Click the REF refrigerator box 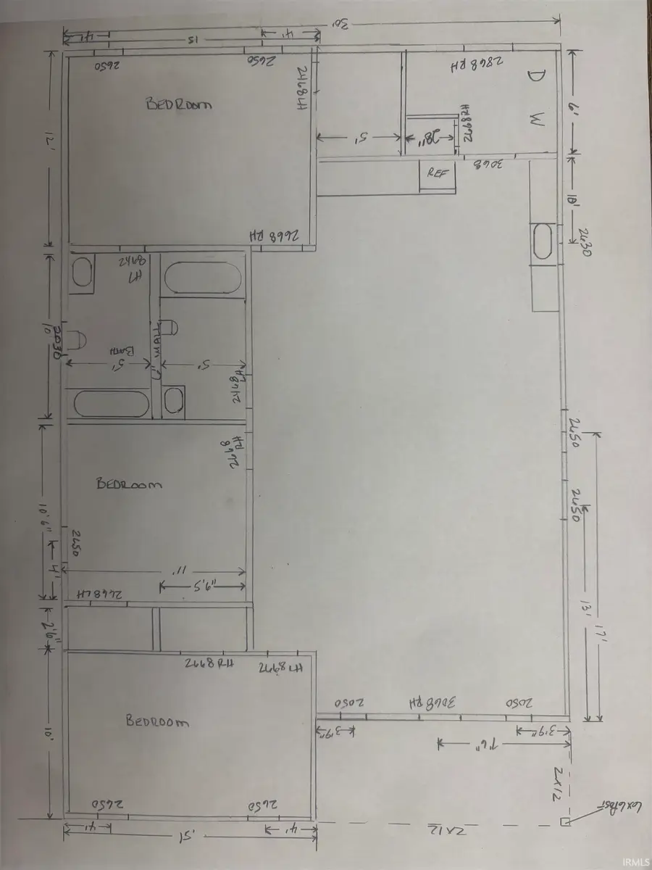pyautogui.click(x=437, y=174)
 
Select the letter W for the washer pyautogui.click(x=535, y=121)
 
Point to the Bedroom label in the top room pyautogui.click(x=179, y=104)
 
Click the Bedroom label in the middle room pyautogui.click(x=129, y=484)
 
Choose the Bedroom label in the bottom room pyautogui.click(x=157, y=721)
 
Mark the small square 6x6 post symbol pyautogui.click(x=564, y=821)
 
